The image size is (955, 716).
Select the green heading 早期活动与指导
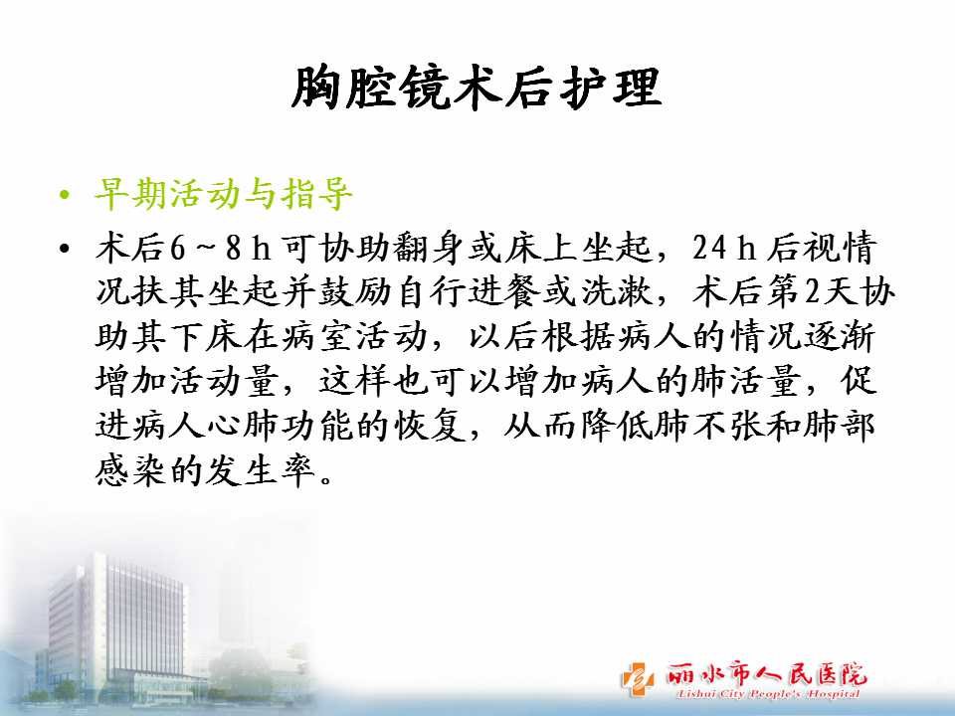[224, 195]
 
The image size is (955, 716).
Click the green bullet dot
[65, 196]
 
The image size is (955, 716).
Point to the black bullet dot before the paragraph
[65, 249]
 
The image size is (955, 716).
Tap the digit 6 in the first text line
[178, 248]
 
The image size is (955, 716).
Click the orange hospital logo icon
[637, 678]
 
